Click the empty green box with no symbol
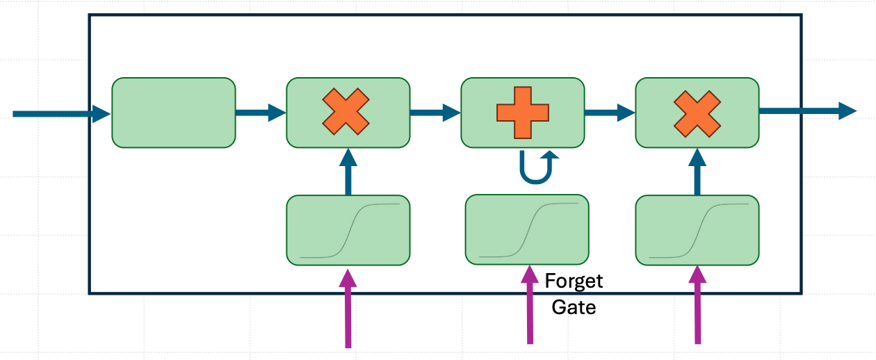click(174, 113)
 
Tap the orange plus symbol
click(523, 113)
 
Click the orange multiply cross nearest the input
click(346, 112)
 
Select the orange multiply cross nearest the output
click(697, 114)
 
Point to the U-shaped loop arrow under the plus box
click(536, 181)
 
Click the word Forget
click(574, 281)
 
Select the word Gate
click(574, 307)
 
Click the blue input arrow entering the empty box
click(62, 114)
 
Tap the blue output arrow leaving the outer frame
click(808, 111)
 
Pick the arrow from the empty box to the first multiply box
click(261, 113)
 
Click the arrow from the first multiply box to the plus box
click(436, 113)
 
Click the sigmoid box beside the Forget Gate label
click(527, 229)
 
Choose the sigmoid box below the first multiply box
click(348, 230)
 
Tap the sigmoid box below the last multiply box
click(697, 230)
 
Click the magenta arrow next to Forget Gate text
click(530, 305)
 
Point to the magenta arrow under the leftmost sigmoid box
click(348, 308)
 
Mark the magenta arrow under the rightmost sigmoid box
click(697, 305)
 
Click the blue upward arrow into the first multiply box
click(348, 172)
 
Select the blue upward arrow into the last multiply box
click(697, 172)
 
